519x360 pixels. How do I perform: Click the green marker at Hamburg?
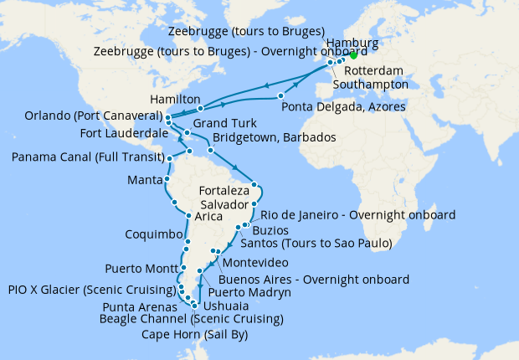point(353,56)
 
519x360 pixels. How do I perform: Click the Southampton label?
point(370,84)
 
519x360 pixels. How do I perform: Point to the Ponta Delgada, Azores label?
point(343,106)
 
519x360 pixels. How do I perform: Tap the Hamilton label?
point(175,99)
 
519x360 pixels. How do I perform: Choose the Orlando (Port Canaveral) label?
point(80,116)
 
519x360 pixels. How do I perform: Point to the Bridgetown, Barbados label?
point(274,137)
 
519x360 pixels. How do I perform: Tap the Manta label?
point(144,180)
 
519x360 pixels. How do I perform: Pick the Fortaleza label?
point(225,190)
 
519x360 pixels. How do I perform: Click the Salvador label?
point(225,204)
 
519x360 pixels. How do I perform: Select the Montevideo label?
point(263,263)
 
